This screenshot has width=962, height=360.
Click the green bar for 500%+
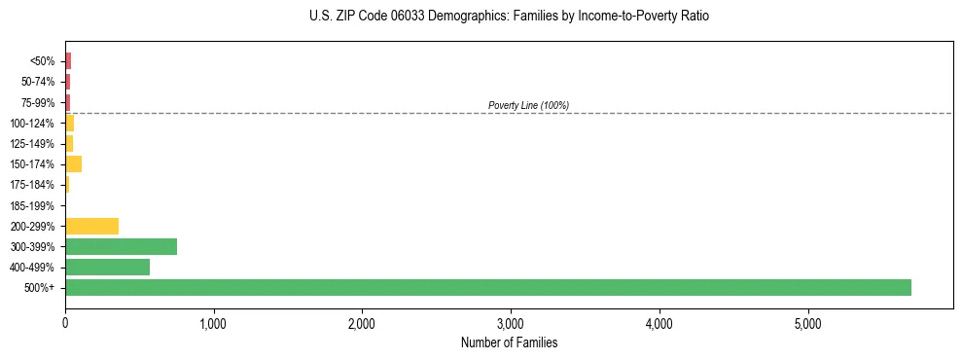(x=487, y=287)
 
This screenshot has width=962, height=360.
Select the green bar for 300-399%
(x=121, y=246)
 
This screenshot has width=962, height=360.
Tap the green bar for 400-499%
(x=107, y=267)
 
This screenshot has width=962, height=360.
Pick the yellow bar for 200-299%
(x=91, y=226)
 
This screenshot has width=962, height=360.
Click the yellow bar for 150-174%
(x=73, y=163)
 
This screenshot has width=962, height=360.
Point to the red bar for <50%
(x=68, y=60)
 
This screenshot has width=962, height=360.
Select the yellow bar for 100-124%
(x=69, y=123)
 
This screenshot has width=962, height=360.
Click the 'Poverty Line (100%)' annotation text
(x=528, y=105)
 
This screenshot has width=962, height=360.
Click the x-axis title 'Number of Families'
(x=509, y=342)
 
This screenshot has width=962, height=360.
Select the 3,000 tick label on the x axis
(x=511, y=323)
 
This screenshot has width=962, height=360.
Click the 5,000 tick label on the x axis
(x=807, y=323)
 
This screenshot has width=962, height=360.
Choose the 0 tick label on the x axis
(x=65, y=323)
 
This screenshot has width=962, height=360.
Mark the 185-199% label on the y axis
(x=32, y=205)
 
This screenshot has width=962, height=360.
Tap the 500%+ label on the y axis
(x=40, y=288)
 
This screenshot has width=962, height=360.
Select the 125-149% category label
(x=32, y=144)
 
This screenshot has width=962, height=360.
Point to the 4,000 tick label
(x=659, y=323)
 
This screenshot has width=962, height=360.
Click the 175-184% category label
(x=32, y=185)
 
